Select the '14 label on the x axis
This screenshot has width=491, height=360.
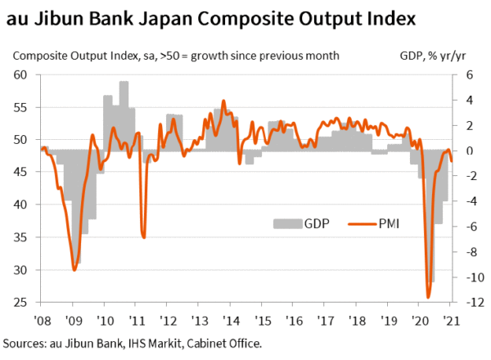pyautogui.click(x=234, y=320)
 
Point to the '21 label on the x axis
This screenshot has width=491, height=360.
pyautogui.click(x=449, y=320)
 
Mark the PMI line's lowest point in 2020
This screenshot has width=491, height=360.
pyautogui.click(x=428, y=297)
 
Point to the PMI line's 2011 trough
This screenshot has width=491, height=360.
pyautogui.click(x=143, y=236)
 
